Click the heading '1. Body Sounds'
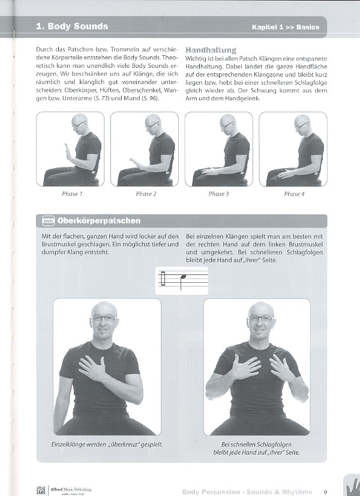pyautogui.click(x=72, y=26)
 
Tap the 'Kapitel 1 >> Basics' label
pyautogui.click(x=285, y=27)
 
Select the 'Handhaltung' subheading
pyautogui.click(x=211, y=50)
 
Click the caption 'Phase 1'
pyautogui.click(x=72, y=194)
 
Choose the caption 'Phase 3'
pyautogui.click(x=218, y=194)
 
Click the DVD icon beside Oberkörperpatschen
pyautogui.click(x=48, y=221)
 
